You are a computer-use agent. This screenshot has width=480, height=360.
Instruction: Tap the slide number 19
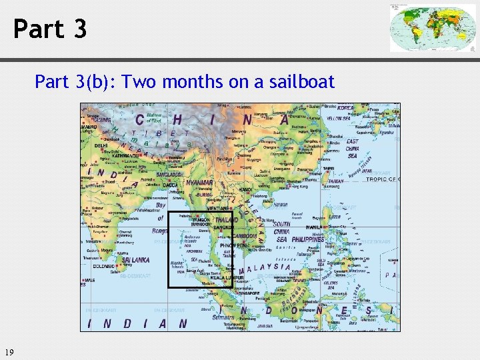click(9, 352)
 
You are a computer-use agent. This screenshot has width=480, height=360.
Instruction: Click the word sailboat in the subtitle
click(303, 82)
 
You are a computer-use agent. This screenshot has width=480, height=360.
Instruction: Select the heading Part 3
click(50, 29)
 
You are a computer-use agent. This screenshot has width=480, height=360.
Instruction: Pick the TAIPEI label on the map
click(330, 169)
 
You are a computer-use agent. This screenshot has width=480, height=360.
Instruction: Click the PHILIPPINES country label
click(308, 239)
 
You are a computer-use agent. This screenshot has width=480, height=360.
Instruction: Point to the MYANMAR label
click(200, 182)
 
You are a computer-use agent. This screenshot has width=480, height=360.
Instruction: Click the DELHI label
click(101, 145)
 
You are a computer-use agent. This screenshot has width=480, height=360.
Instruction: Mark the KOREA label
click(346, 107)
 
